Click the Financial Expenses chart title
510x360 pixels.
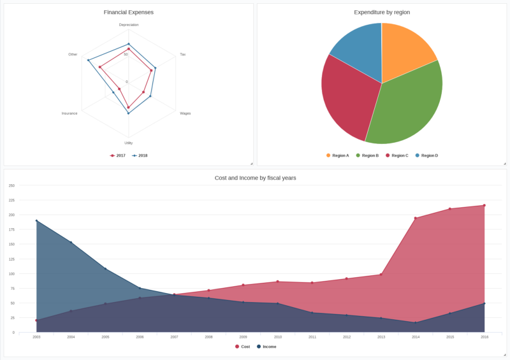pos(129,12)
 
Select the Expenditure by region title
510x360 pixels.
pos(382,12)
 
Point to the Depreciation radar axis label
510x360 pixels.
pos(129,25)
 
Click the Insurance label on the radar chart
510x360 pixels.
pos(69,113)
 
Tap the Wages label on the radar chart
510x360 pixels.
pos(186,113)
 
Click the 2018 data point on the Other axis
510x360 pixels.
pos(88,61)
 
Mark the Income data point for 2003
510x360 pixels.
pos(36,221)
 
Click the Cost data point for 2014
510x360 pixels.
pos(416,219)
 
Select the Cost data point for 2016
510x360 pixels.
pos(484,205)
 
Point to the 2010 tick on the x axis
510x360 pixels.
pos(278,336)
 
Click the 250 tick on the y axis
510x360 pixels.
pos(11,185)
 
